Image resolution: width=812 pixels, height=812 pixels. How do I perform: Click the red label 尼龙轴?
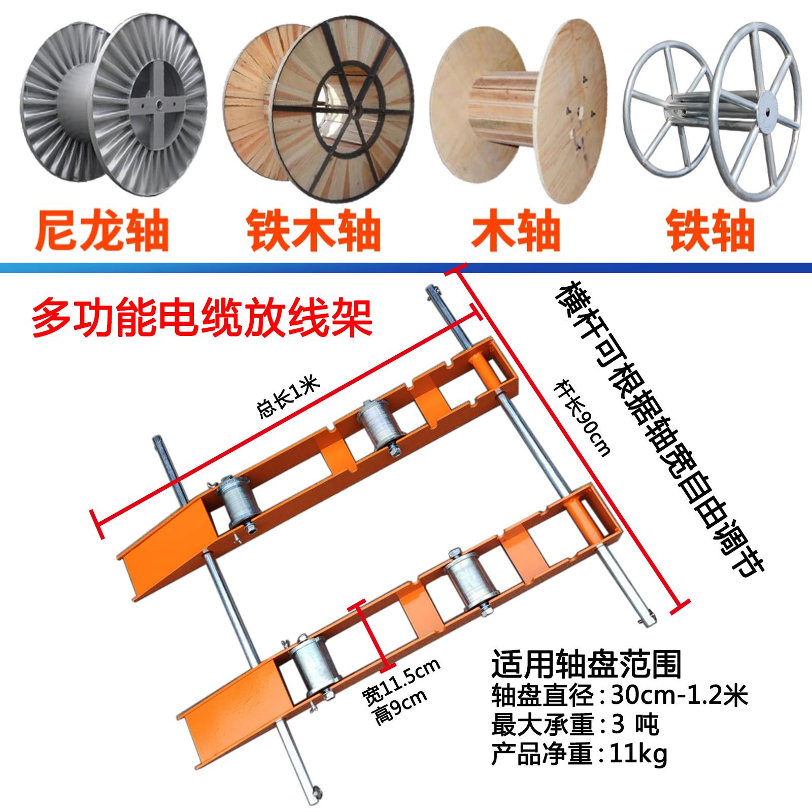click(101, 231)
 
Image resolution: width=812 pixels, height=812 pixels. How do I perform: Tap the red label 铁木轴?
click(314, 231)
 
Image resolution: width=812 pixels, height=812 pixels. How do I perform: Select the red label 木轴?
click(516, 231)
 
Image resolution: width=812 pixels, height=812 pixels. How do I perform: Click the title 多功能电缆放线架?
click(202, 317)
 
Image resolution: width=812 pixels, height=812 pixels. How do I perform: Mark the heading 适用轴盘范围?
click(586, 664)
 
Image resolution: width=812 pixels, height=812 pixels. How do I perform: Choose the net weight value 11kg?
click(640, 755)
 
